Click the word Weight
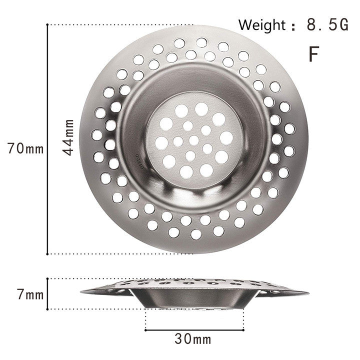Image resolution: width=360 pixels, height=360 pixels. click(260, 24)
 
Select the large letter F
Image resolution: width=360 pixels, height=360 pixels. click(313, 54)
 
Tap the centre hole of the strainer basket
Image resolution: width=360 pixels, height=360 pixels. click(193, 140)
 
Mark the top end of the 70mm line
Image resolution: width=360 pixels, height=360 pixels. click(48, 24)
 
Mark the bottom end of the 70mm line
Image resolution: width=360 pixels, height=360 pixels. click(48, 253)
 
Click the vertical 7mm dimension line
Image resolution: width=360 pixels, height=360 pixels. click(48, 294)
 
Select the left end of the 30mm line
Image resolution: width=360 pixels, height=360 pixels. click(145, 329)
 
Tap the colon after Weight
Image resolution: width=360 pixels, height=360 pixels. click(293, 26)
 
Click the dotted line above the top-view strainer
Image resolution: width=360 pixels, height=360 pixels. click(120, 24)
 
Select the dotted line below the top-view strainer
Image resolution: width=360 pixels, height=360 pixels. click(120, 253)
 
